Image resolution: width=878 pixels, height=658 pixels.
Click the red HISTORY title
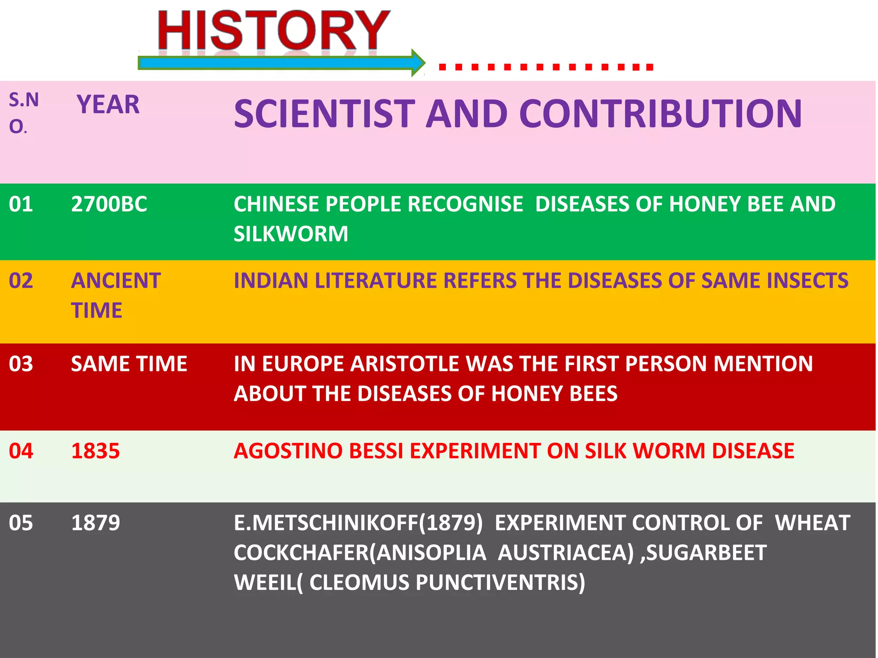point(274,31)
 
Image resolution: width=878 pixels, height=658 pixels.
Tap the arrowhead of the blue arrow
point(418,63)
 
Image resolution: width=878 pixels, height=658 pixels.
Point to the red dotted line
point(545,67)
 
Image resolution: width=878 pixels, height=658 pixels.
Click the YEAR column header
point(108,105)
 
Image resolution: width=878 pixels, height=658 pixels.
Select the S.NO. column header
point(24,113)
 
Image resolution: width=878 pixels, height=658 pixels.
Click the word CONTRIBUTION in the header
point(660,114)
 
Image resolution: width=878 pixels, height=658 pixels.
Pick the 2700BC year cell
point(109,204)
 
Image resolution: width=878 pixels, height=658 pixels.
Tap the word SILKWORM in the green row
point(291,234)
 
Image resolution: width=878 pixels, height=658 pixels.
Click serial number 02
point(21,281)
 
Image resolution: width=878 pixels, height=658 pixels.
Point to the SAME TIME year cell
point(129,364)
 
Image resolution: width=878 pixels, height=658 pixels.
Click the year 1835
point(95,451)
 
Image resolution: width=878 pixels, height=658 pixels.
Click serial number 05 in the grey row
point(21,523)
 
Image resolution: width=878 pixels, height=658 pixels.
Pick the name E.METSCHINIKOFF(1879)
point(358,523)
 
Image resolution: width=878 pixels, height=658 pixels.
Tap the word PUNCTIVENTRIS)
point(500,582)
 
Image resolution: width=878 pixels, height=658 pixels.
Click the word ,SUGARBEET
point(703,553)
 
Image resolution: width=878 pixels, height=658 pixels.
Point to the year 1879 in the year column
point(95,523)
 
